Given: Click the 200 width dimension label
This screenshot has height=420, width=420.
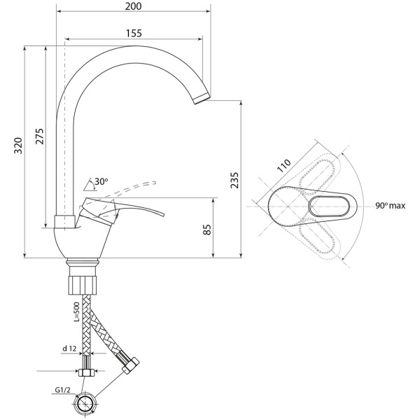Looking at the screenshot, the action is click(x=133, y=6).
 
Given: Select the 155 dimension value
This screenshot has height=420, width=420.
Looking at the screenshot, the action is click(x=134, y=33).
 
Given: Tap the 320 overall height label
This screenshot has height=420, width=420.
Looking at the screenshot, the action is click(x=18, y=146).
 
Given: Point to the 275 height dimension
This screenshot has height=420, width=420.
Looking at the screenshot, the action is click(x=40, y=136).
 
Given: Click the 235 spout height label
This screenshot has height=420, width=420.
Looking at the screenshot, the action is click(x=234, y=181).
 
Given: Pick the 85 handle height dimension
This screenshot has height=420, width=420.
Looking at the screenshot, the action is click(x=207, y=230).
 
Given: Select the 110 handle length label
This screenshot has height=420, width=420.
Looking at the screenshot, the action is click(x=283, y=166).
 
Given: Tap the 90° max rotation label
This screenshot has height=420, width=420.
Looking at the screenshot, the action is click(x=390, y=206).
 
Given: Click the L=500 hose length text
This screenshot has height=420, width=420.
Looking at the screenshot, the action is click(x=76, y=311).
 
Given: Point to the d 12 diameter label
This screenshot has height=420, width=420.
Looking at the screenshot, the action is click(x=69, y=349).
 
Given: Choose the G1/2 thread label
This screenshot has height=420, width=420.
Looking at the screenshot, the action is click(x=62, y=390).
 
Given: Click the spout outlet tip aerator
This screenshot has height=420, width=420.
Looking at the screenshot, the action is click(x=202, y=98).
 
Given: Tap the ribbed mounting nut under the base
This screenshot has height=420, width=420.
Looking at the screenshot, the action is click(x=82, y=285).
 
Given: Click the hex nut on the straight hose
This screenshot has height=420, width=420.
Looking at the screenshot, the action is click(x=85, y=372).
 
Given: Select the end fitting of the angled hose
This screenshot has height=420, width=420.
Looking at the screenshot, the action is click(x=131, y=365).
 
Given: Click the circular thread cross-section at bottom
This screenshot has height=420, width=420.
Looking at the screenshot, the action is click(x=85, y=404).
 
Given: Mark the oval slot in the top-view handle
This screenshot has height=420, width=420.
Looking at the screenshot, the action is click(x=329, y=206).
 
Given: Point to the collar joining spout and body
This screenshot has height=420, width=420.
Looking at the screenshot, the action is click(x=65, y=221).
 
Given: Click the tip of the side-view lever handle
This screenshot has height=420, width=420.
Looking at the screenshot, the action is click(x=163, y=215).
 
